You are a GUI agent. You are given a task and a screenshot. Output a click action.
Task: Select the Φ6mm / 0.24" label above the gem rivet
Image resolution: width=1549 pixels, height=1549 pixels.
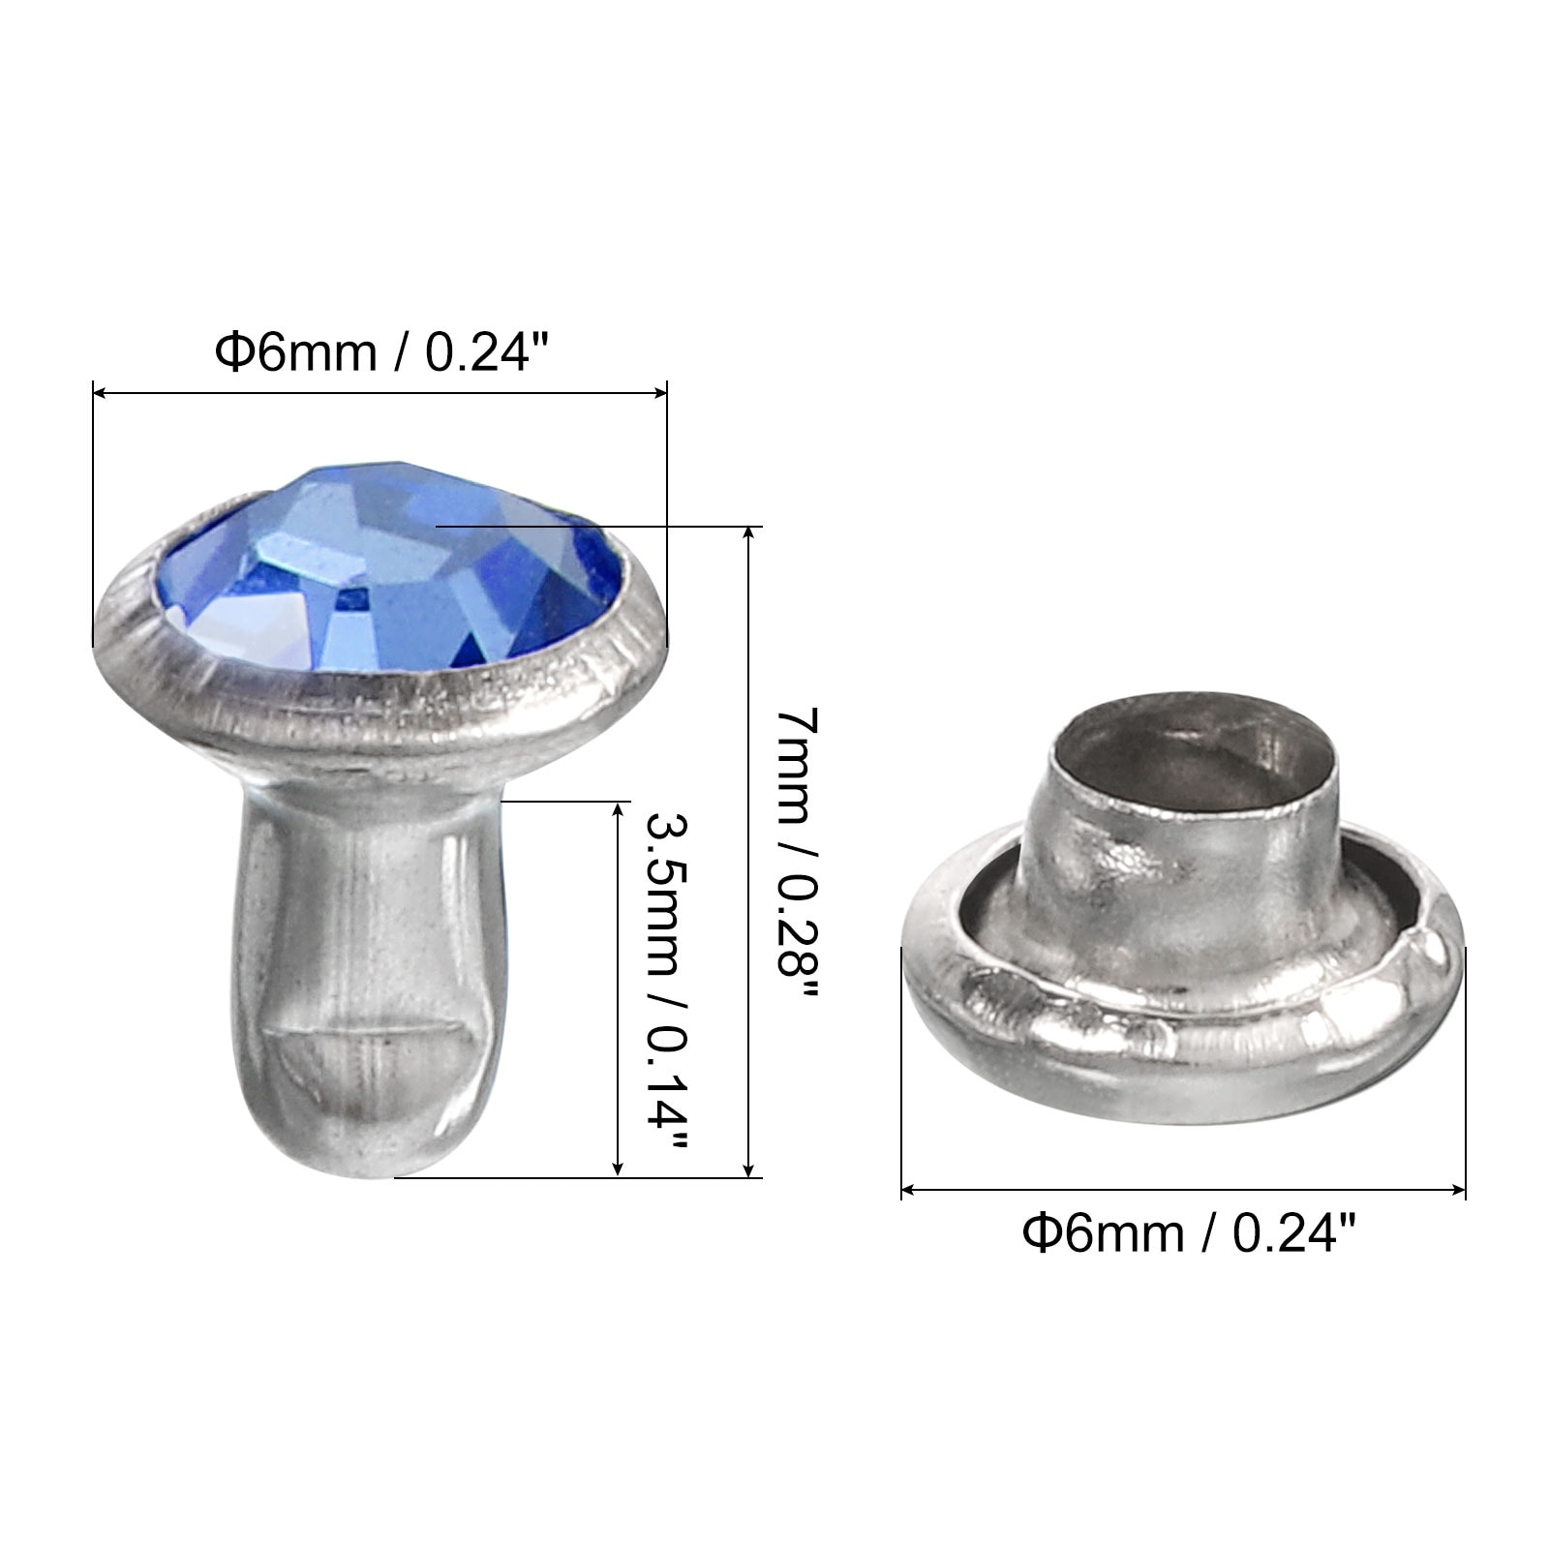pyautogui.click(x=382, y=350)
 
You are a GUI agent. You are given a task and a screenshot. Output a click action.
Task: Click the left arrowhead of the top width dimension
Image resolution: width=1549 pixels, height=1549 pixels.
pyautogui.click(x=99, y=392)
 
